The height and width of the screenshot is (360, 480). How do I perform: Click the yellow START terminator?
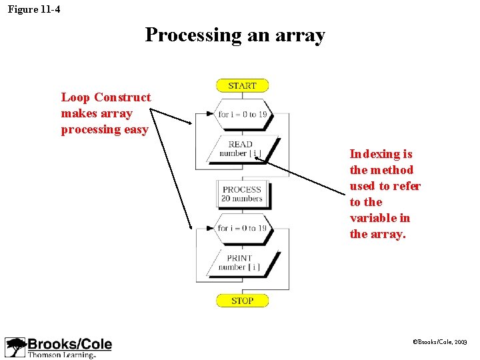tap(242, 85)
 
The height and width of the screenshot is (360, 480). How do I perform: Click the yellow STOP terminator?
tap(242, 301)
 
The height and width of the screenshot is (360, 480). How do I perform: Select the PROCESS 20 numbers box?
tap(242, 194)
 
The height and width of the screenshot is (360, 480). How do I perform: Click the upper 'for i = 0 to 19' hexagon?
tap(242, 114)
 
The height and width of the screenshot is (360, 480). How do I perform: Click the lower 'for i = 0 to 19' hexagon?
tap(242, 228)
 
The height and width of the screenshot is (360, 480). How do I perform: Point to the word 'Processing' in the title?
tap(193, 35)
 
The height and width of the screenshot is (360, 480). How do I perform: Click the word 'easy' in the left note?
tap(135, 129)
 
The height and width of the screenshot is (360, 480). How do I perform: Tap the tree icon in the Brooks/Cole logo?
tap(15, 347)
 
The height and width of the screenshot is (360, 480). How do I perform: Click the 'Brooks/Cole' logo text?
tap(69, 344)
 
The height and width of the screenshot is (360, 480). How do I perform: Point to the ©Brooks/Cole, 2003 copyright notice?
tap(440, 341)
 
